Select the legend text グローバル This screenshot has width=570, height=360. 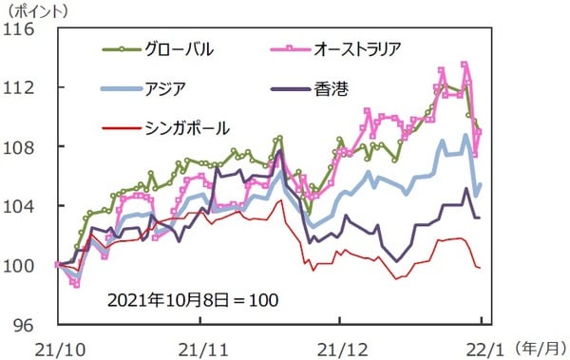pos(180,48)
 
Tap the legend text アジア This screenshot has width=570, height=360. pos(166,87)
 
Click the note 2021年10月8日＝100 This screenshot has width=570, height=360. pos(194,299)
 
